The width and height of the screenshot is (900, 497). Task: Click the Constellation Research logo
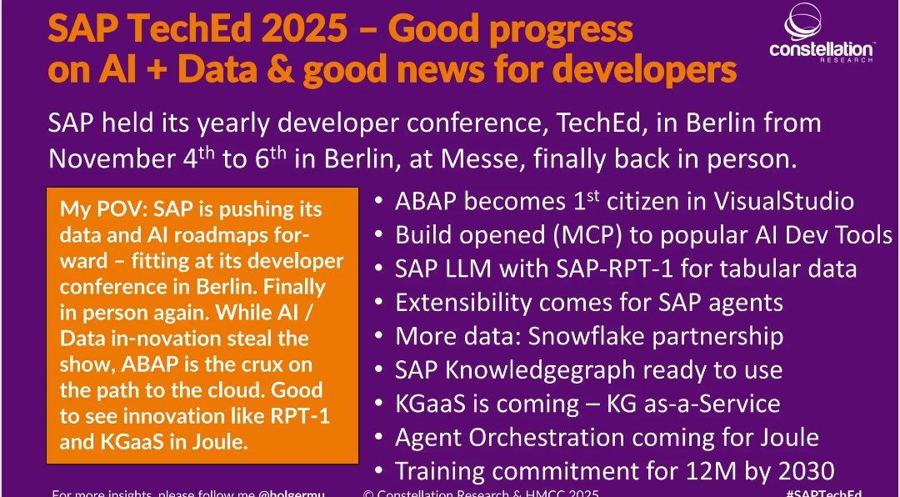point(821,35)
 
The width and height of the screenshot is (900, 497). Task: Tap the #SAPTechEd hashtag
point(823,492)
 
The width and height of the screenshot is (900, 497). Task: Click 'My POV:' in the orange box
point(90,208)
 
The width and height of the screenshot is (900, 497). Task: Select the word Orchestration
point(550,436)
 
